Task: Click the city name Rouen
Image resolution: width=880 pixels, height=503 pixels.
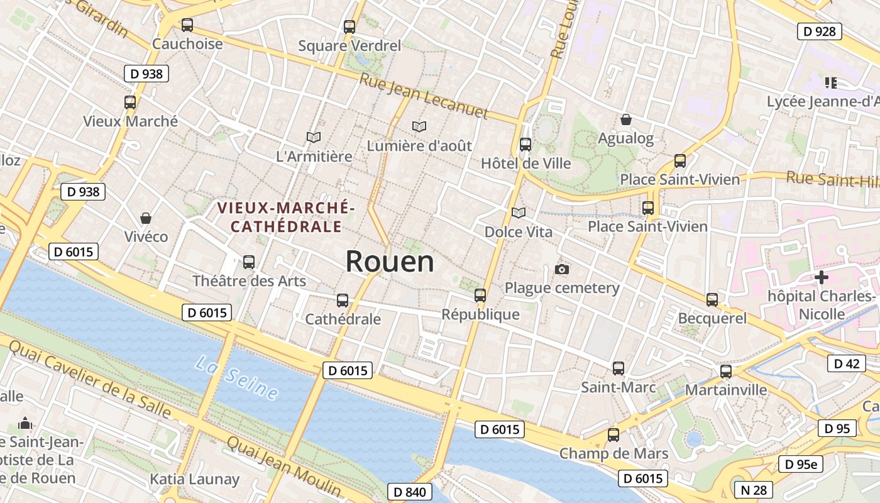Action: pyautogui.click(x=390, y=262)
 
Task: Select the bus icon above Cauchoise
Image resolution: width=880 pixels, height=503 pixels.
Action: pyautogui.click(x=187, y=25)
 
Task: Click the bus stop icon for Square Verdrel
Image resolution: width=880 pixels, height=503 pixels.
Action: pyautogui.click(x=349, y=27)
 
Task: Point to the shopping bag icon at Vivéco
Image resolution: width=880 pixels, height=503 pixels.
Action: pyautogui.click(x=146, y=218)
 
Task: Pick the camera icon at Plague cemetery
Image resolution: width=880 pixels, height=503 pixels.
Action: pyautogui.click(x=562, y=270)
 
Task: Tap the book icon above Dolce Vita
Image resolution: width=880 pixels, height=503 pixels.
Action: pyautogui.click(x=518, y=213)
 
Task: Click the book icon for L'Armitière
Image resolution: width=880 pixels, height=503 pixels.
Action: pyautogui.click(x=314, y=137)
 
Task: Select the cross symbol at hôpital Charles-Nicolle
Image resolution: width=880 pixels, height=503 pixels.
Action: pyautogui.click(x=821, y=277)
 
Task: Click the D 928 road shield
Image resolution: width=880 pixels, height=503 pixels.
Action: pyautogui.click(x=820, y=31)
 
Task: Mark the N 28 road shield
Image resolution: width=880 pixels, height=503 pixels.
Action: pyautogui.click(x=753, y=490)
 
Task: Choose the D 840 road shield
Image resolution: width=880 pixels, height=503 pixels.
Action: pyautogui.click(x=410, y=492)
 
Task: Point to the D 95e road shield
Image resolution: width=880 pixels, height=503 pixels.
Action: pyautogui.click(x=801, y=465)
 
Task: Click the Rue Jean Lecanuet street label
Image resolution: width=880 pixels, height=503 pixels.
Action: pyautogui.click(x=424, y=96)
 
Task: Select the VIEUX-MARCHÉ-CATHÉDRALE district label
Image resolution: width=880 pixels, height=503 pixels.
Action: pyautogui.click(x=286, y=217)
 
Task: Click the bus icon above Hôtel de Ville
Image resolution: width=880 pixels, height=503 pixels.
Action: pyautogui.click(x=525, y=145)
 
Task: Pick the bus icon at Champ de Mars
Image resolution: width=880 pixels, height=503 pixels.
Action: pyautogui.click(x=613, y=434)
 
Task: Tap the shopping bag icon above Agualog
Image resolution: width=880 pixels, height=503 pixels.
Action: pyautogui.click(x=626, y=119)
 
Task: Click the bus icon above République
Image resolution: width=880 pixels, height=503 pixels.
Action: pyautogui.click(x=480, y=295)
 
